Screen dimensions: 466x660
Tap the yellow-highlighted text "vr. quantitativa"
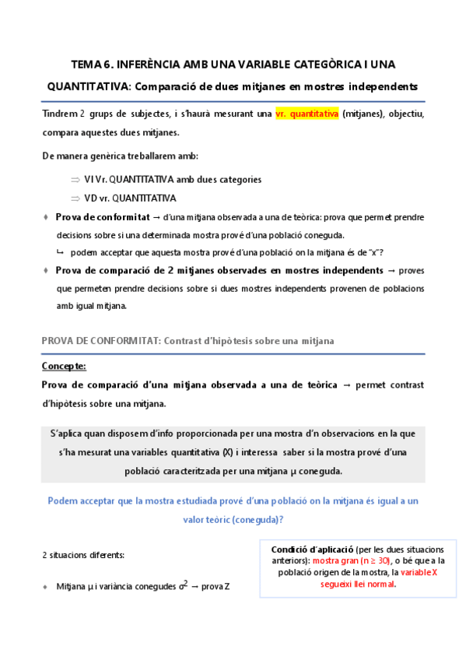(307, 114)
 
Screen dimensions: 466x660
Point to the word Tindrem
(60, 114)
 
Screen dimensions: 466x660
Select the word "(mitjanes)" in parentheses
(366, 114)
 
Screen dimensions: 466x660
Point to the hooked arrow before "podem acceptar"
(60, 252)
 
